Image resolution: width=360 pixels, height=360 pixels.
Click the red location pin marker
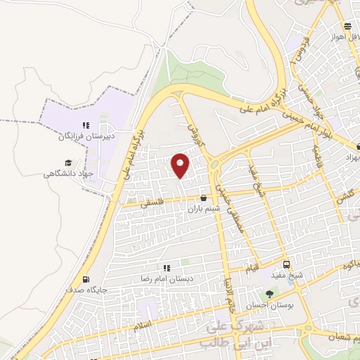[181, 165]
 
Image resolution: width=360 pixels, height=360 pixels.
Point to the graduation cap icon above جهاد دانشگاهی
[68, 163]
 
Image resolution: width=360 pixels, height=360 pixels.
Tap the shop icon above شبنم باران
[204, 198]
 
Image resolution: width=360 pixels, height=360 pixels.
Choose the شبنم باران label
[204, 208]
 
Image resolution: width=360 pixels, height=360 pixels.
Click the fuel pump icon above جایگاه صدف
[86, 279]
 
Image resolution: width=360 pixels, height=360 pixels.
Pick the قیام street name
[252, 268]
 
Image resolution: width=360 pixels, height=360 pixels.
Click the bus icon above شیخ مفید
[286, 264]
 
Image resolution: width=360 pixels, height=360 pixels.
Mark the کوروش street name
[194, 130]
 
